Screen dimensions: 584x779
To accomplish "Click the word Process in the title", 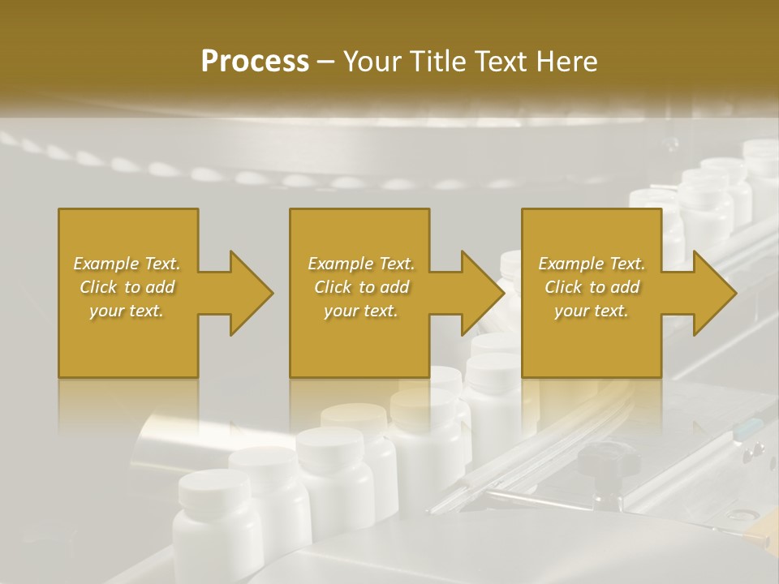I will coord(255,61).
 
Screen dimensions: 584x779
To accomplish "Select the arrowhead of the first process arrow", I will coord(252,293).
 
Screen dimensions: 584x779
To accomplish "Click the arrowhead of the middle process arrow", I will coord(484,293).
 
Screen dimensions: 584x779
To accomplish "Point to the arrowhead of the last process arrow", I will coord(715,293).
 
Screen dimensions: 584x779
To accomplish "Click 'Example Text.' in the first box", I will coord(127,264).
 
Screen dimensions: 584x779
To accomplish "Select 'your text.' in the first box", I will coord(127,311).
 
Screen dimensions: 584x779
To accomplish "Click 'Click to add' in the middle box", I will coord(361,287).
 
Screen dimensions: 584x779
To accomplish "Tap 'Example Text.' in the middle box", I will coord(361,264).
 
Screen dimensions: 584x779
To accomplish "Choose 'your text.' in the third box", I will coord(592,311).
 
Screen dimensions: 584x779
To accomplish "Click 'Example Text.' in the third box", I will coord(592,264).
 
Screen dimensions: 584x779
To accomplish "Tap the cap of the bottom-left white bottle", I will coord(215,485).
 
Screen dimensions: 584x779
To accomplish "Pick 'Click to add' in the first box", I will coord(127,287).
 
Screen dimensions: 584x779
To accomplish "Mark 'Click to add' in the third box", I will coord(592,287).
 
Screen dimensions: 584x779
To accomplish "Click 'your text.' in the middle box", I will coord(361,311).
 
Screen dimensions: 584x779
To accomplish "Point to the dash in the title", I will coord(326,62).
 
